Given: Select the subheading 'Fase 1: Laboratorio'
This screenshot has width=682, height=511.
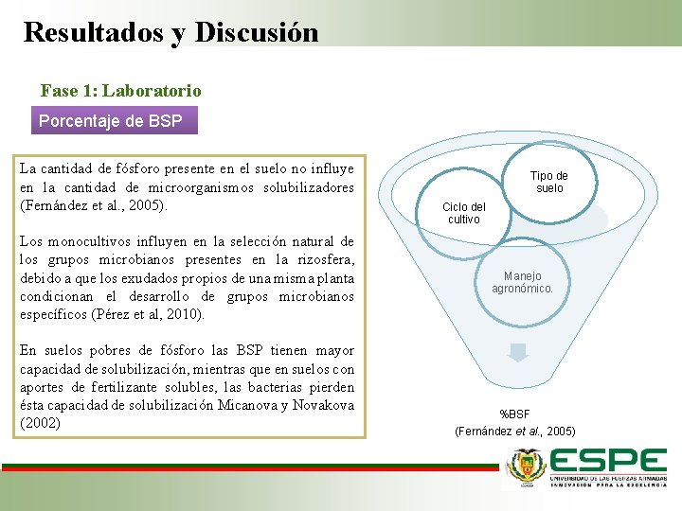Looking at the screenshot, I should pyautogui.click(x=120, y=91).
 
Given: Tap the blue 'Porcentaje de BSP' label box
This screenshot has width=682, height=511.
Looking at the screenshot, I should pyautogui.click(x=115, y=121).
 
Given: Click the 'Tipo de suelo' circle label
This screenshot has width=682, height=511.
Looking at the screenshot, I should pyautogui.click(x=548, y=182).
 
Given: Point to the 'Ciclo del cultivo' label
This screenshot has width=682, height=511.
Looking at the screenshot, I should pyautogui.click(x=464, y=213).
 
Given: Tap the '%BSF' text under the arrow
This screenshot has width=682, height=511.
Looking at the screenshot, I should pyautogui.click(x=514, y=414).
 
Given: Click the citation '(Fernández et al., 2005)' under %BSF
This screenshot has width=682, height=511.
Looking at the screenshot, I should pyautogui.click(x=514, y=431).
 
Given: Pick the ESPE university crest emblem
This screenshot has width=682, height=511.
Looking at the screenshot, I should pyautogui.click(x=527, y=466).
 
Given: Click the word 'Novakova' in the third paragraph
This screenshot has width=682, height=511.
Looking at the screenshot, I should pyautogui.click(x=323, y=405).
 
